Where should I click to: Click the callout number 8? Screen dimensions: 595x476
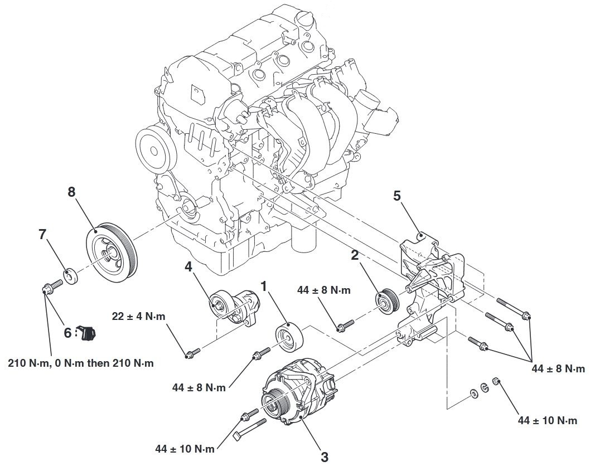coord(71,192)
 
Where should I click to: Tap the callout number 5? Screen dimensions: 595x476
coord(397,196)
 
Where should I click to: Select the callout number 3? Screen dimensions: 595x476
coord(325,456)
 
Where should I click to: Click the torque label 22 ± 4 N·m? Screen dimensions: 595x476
coord(139,317)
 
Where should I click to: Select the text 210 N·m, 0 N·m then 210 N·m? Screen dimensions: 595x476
coord(81,363)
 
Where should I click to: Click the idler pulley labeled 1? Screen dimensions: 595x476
coord(288,338)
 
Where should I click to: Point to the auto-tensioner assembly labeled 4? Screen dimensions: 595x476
coord(235,307)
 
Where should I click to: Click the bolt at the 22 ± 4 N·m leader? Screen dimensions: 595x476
coord(192,352)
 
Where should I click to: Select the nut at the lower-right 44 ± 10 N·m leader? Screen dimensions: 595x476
coord(495,381)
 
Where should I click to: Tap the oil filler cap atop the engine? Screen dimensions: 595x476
coord(306,18)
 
